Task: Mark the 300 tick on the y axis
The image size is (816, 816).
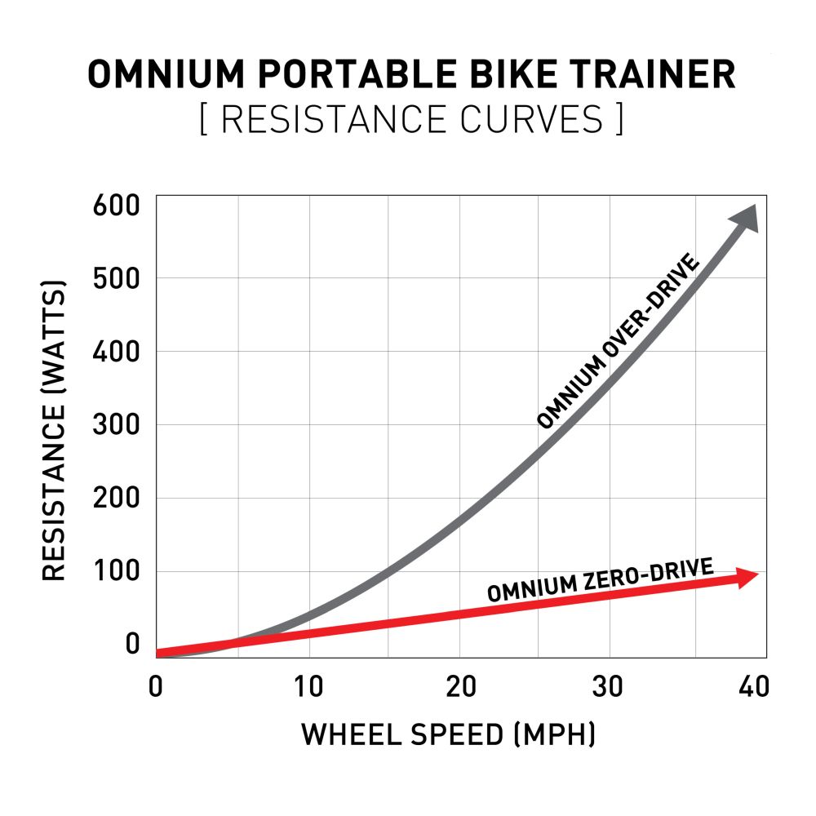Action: click(117, 424)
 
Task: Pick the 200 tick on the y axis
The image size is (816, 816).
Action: click(117, 498)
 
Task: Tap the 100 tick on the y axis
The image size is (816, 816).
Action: click(117, 571)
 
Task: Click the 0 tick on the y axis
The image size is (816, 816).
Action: click(132, 645)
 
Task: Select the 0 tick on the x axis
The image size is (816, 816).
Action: click(155, 687)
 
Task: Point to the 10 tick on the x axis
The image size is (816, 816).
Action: click(308, 687)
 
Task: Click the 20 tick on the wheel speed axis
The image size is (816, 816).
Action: click(461, 687)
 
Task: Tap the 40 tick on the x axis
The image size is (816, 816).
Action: click(752, 687)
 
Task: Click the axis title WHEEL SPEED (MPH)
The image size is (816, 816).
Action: click(448, 734)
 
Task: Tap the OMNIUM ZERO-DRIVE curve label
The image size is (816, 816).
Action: click(600, 579)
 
